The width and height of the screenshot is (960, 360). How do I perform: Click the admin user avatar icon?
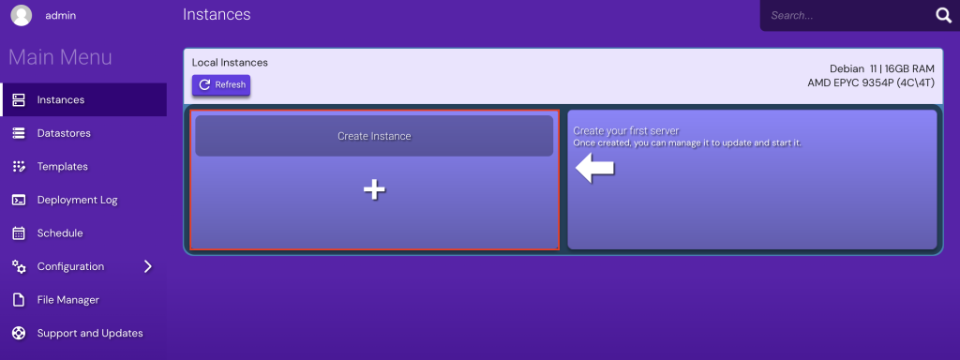tap(21, 16)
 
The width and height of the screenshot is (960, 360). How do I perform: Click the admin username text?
tap(61, 16)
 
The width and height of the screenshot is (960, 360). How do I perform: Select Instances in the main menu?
tap(61, 99)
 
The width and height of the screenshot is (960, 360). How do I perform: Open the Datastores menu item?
tap(64, 133)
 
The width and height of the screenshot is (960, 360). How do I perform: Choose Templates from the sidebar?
tap(62, 166)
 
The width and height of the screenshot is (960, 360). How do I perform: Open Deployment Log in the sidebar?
tap(77, 200)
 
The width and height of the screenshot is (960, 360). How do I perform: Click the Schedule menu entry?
tap(60, 232)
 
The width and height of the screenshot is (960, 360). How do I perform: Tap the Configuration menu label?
tap(70, 266)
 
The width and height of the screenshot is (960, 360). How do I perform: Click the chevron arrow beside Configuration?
tap(147, 266)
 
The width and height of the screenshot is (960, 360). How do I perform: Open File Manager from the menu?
tap(67, 300)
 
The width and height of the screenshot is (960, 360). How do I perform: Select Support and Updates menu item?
tap(90, 333)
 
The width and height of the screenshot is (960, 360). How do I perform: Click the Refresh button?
tap(221, 85)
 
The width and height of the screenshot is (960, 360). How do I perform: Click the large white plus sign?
tap(374, 190)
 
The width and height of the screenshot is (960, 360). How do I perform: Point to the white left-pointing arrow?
tap(594, 169)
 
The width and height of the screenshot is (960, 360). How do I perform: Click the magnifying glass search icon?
tap(942, 15)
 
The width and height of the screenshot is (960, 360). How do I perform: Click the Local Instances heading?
tap(230, 62)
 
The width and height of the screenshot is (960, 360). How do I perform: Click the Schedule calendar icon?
tap(19, 232)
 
